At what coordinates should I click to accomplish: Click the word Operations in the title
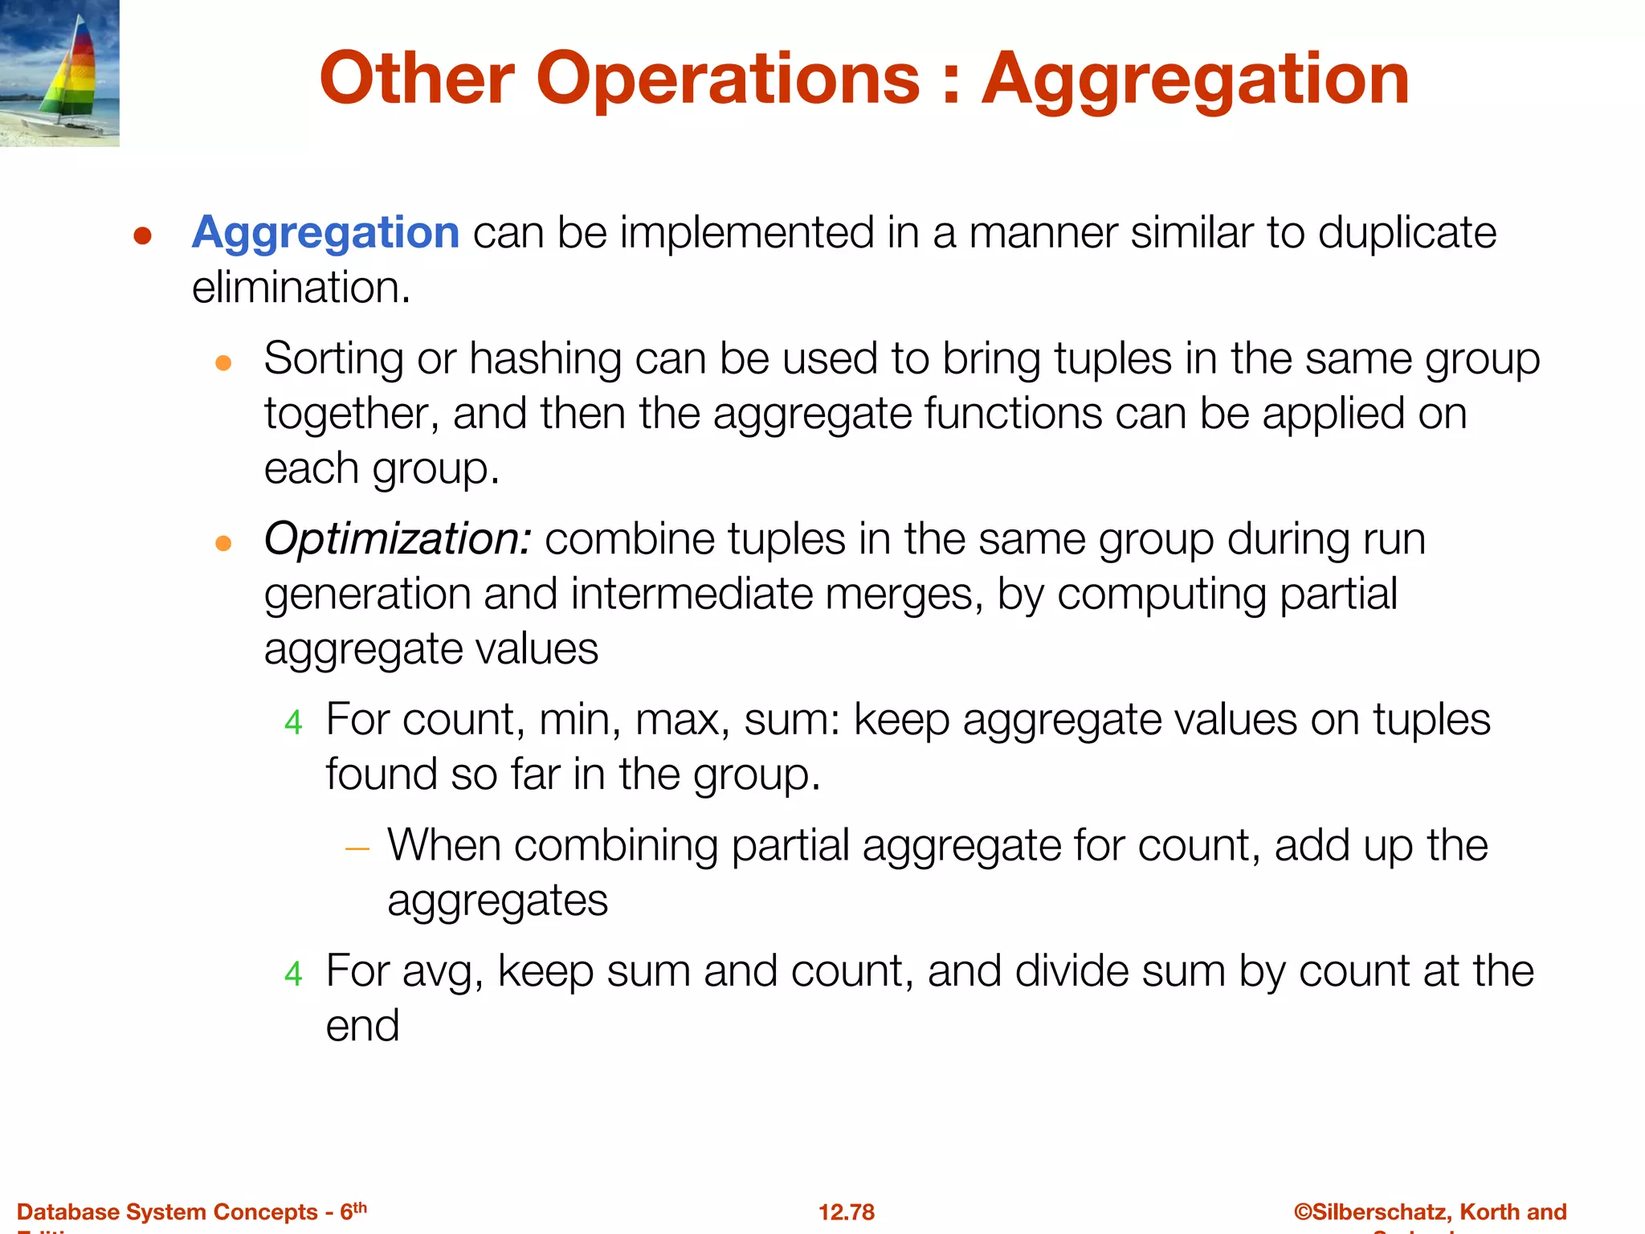point(728,79)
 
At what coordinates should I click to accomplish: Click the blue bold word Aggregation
point(325,233)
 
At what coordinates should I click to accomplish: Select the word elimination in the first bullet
point(300,288)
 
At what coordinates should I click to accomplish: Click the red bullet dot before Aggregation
point(143,236)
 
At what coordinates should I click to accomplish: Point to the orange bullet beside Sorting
point(223,363)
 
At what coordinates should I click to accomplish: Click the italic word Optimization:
point(397,539)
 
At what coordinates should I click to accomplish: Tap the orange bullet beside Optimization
point(223,544)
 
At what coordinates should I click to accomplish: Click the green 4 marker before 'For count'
point(293,723)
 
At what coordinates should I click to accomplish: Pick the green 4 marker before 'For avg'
point(293,975)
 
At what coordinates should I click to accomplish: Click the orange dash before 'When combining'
point(357,848)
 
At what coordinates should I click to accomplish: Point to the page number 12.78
point(847,1212)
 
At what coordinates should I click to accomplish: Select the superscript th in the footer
point(360,1207)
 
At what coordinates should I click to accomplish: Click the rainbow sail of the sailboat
point(76,72)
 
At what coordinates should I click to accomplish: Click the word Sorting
point(333,359)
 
